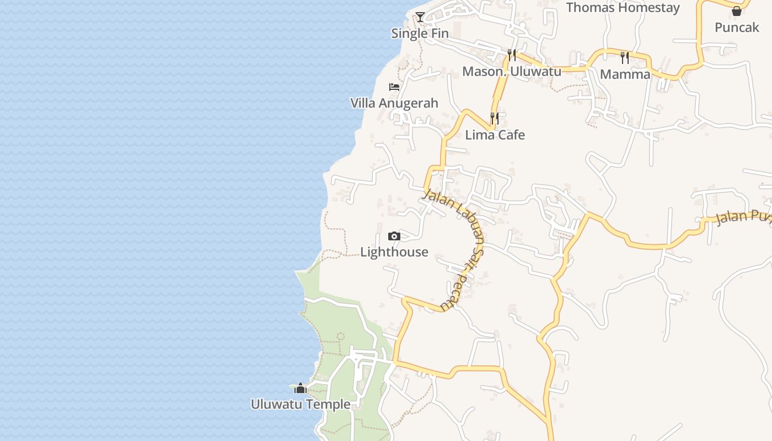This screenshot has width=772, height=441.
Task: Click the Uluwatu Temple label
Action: point(301,404)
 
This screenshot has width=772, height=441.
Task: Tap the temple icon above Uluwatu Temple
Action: point(300,388)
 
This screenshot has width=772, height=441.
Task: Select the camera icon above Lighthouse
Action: point(394,236)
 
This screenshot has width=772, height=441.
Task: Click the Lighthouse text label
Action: point(394,252)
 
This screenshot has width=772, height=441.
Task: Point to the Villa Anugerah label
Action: point(394,103)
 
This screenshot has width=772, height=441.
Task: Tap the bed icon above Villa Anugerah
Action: point(394,87)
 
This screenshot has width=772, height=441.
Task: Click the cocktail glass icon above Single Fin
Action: point(420,17)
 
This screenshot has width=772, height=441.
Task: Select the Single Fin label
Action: point(420,33)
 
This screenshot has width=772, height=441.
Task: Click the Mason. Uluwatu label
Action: point(512,71)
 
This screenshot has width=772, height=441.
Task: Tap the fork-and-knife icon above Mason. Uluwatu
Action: point(512,55)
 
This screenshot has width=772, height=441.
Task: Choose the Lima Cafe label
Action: point(495,135)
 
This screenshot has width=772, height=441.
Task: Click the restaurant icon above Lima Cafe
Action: point(495,119)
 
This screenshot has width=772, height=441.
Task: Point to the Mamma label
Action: point(625,74)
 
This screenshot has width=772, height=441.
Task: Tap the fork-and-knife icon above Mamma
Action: point(625,57)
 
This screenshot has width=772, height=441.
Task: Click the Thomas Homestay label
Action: point(623,8)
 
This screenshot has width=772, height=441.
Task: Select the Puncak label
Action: point(737,27)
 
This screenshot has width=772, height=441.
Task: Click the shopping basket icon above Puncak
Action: point(737,11)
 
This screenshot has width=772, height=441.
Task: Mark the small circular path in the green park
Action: point(340,336)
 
